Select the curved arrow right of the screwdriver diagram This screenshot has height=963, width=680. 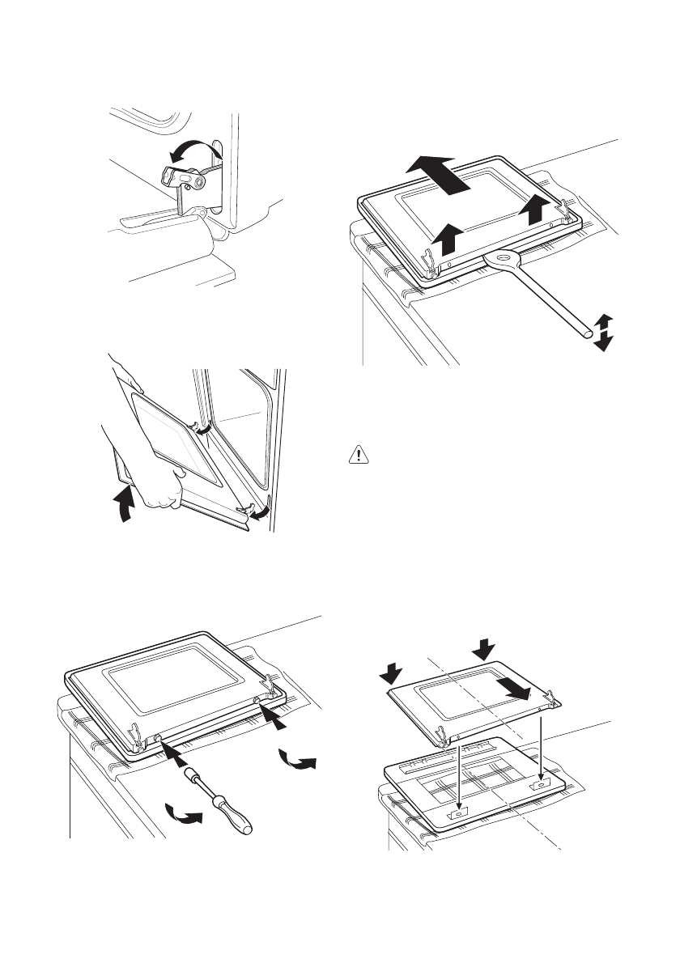click(x=297, y=760)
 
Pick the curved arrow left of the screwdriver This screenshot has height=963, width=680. click(x=184, y=814)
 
